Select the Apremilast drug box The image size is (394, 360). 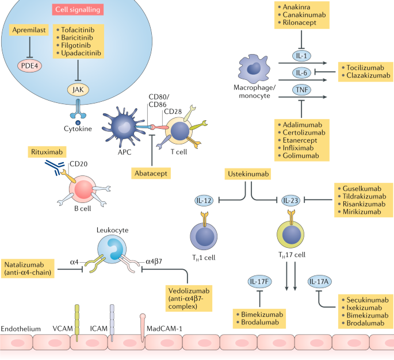coord(29,33)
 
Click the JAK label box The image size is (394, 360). coord(76,89)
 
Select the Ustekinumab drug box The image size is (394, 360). coord(247,174)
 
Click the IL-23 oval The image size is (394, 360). coord(292,200)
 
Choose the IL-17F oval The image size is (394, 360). coord(260,282)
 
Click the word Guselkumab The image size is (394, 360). coord(365,187)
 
